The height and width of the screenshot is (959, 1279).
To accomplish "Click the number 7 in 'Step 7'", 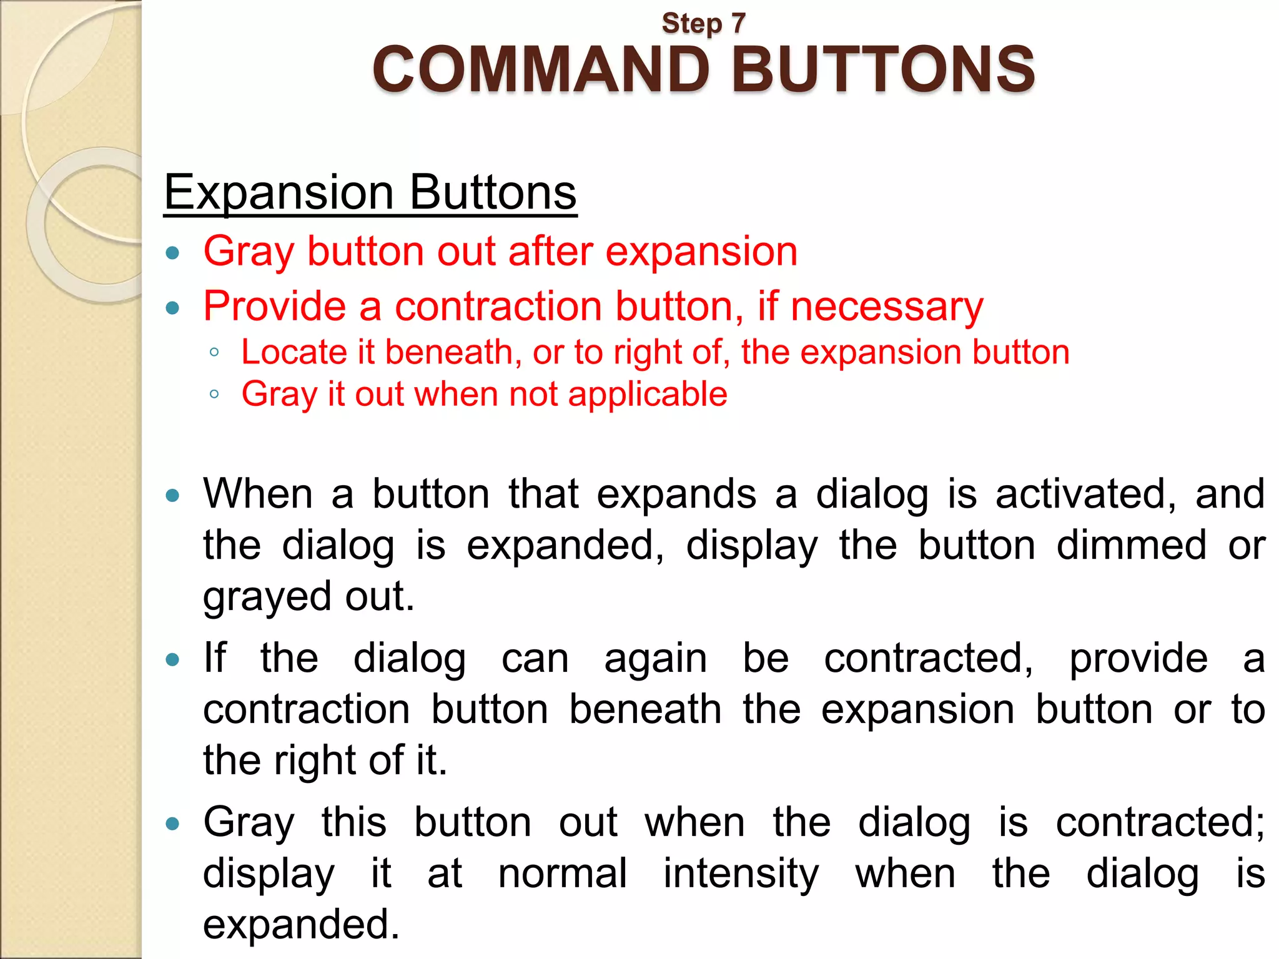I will click(x=738, y=24).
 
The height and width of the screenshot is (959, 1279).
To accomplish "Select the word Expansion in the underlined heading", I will click(x=279, y=192).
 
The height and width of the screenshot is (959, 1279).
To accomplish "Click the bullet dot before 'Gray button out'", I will click(x=173, y=253).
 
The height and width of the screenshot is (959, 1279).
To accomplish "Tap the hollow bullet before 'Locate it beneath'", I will click(x=214, y=352).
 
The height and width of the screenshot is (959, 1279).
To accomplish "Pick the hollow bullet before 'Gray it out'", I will click(x=214, y=394).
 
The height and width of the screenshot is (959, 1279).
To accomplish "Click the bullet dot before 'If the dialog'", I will click(x=173, y=659).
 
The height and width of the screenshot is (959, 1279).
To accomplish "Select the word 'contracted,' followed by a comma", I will click(x=928, y=659).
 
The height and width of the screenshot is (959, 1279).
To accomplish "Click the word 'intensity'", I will click(x=741, y=873).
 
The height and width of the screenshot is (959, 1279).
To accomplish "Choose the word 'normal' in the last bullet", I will click(x=562, y=873).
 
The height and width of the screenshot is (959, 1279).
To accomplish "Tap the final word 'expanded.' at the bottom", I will click(x=301, y=925).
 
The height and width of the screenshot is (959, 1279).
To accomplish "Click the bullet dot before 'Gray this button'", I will click(x=173, y=824).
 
